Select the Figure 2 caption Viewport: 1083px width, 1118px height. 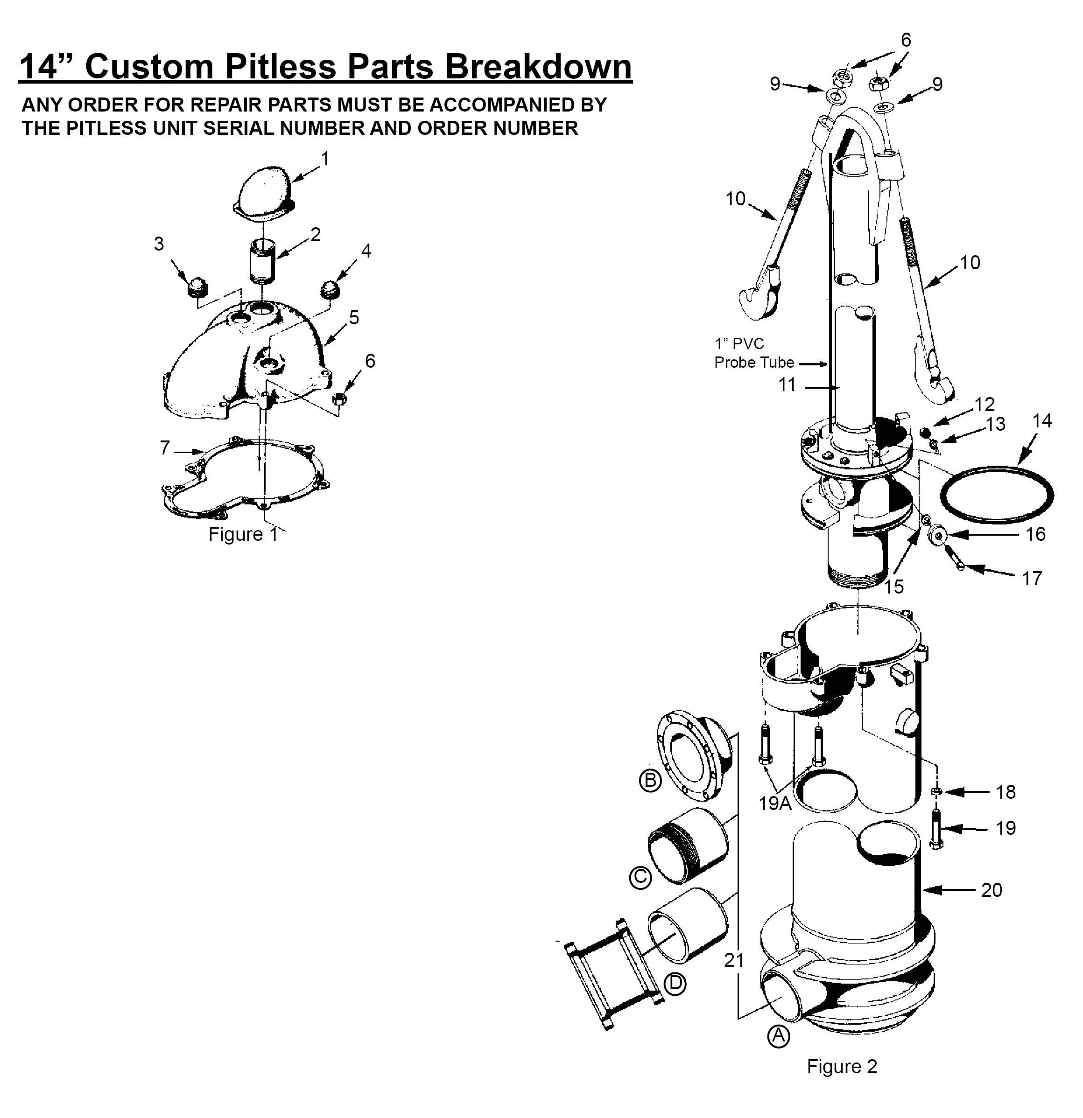841,1066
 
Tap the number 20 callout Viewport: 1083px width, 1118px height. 992,890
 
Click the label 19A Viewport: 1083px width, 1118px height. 775,803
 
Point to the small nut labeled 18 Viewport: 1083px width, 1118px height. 936,791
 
